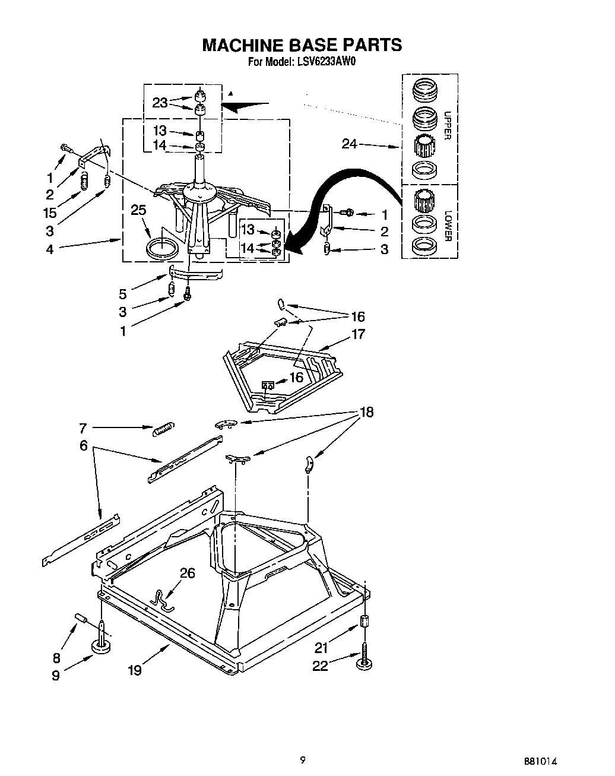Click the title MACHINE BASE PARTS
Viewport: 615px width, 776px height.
(302, 45)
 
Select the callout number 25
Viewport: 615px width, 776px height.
(138, 210)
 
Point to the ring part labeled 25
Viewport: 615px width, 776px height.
(162, 248)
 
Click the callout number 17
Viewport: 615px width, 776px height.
(358, 334)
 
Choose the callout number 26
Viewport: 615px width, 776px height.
(187, 573)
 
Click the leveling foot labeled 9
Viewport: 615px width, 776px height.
(103, 648)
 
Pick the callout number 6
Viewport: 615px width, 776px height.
(84, 445)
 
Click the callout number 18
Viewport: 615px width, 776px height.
(367, 412)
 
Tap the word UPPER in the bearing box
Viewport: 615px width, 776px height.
(447, 125)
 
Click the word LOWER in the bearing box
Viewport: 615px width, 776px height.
(447, 226)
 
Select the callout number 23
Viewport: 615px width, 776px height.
(160, 102)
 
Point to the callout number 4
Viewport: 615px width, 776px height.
(50, 249)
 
